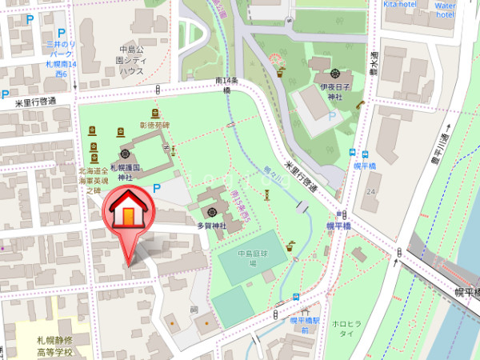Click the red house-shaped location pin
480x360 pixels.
(x=126, y=214)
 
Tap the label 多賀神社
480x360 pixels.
(x=212, y=226)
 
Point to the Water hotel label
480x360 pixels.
(x=446, y=9)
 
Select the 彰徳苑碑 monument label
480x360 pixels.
(x=155, y=126)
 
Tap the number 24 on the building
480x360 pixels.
(x=370, y=192)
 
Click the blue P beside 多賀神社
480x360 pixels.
(x=157, y=187)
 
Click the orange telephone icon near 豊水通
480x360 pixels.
(x=360, y=104)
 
